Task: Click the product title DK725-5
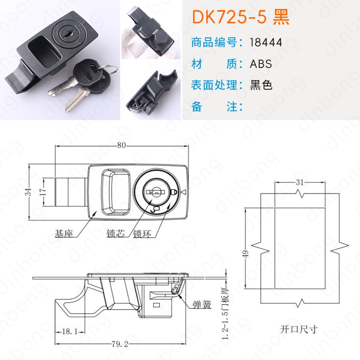point(229,17)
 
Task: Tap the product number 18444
point(266,42)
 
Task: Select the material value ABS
point(261,63)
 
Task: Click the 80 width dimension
point(121,145)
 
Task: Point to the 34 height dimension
point(28,192)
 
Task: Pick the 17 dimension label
point(43,192)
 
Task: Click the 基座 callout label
point(63,234)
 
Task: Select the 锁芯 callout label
point(116,234)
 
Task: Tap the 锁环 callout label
point(142,234)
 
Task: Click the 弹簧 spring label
point(202,305)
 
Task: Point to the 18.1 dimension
point(70,332)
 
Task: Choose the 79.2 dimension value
point(120,344)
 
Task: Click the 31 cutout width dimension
point(300,182)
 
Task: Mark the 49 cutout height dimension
point(245,254)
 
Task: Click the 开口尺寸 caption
point(298,329)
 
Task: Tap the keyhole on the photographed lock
point(68,35)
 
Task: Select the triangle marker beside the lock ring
point(183,193)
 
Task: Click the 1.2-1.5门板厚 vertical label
point(225,313)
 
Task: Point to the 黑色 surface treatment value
point(261,85)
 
